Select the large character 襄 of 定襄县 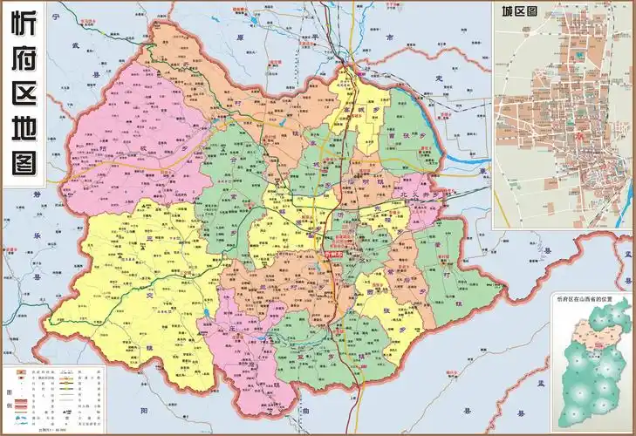pos(482,172)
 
